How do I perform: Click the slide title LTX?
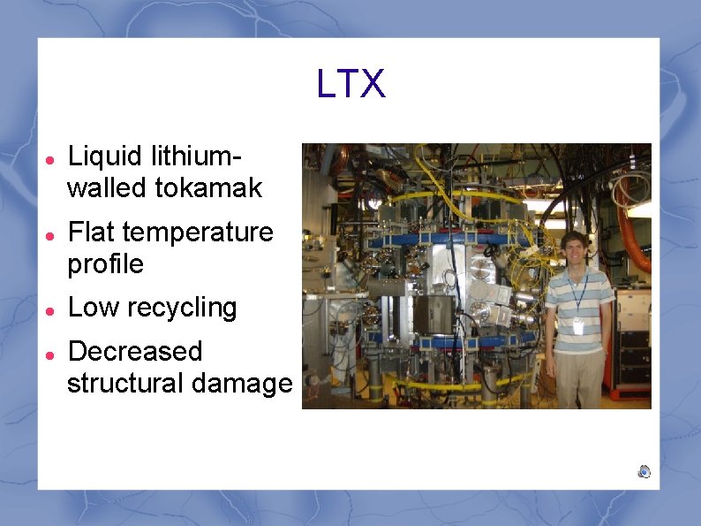(350, 85)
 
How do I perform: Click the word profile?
(105, 264)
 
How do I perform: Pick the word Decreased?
(135, 352)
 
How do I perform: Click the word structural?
(123, 384)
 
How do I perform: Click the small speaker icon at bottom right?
(644, 471)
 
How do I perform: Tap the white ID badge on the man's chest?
(578, 326)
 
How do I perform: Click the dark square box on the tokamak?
(435, 312)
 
